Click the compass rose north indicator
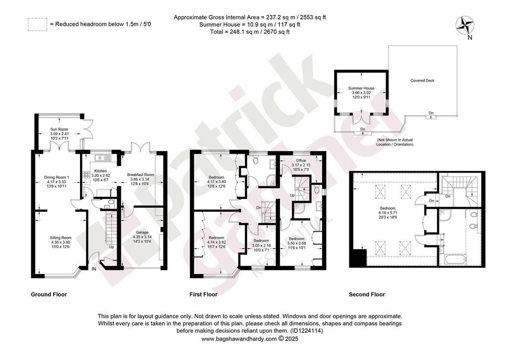click(x=465, y=26)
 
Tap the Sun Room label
click(x=59, y=129)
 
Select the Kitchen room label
click(x=100, y=171)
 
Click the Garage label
click(x=142, y=232)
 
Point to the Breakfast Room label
click(x=141, y=175)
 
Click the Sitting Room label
click(x=61, y=238)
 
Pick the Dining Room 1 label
click(x=57, y=177)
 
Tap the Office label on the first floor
click(x=301, y=161)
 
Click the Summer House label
click(x=361, y=89)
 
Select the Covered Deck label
click(x=423, y=81)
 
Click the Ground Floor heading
click(x=49, y=294)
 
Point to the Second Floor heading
click(x=367, y=294)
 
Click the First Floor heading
click(x=203, y=294)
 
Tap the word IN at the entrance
click(x=94, y=269)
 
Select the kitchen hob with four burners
click(x=86, y=175)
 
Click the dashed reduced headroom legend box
click(x=37, y=24)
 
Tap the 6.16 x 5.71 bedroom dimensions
click(x=388, y=213)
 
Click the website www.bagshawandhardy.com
click(x=239, y=339)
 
